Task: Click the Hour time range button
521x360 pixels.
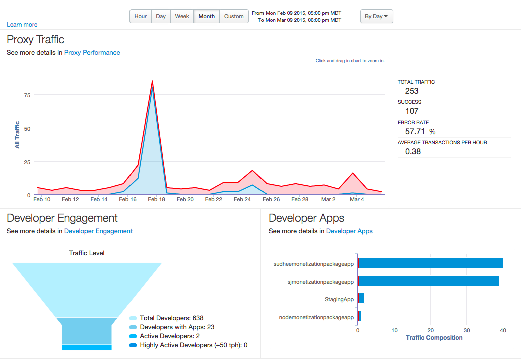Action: [141, 16]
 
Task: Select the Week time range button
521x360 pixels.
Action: [182, 16]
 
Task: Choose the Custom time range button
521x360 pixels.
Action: [234, 16]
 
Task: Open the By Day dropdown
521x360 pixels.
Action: [376, 16]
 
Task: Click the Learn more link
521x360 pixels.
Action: [22, 25]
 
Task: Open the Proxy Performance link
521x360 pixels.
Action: [92, 52]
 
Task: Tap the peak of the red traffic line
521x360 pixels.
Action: [152, 81]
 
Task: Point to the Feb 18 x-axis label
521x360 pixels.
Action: [157, 200]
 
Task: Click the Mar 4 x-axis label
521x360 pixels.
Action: [357, 200]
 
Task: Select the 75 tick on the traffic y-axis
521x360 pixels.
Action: [27, 95]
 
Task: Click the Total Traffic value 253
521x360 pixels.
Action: [412, 91]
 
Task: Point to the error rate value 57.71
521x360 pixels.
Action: [415, 131]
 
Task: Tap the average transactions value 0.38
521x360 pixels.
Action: [413, 151]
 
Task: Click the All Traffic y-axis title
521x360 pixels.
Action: [17, 135]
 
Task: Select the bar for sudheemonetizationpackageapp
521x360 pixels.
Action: [430, 263]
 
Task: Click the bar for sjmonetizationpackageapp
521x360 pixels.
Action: [428, 281]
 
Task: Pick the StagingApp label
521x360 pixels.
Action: [339, 299]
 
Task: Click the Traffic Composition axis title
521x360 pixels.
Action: [434, 338]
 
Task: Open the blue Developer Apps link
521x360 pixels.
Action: [349, 231]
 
